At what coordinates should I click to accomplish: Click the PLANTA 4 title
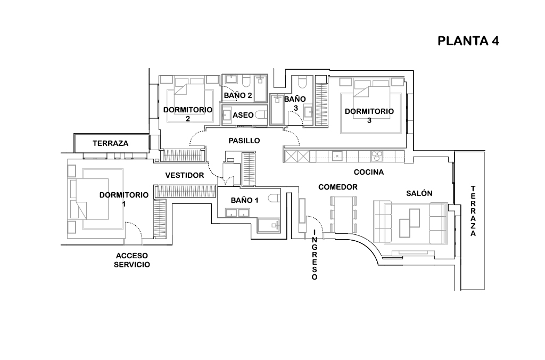[x=468, y=42]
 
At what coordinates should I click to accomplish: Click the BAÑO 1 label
[x=244, y=200]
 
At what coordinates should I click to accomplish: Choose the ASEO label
[x=243, y=114]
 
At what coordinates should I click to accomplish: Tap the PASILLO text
[x=244, y=141]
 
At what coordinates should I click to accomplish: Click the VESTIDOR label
[x=185, y=175]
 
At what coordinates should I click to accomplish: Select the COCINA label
[x=369, y=172]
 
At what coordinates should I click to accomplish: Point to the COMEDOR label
[x=337, y=187]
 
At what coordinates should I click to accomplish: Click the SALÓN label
[x=419, y=194]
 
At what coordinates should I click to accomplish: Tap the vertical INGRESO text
[x=315, y=255]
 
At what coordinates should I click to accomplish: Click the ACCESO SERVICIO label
[x=131, y=260]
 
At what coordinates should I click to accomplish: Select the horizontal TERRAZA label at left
[x=110, y=143]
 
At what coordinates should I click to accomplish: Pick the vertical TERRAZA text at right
[x=473, y=211]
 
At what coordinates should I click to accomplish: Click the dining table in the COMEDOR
[x=344, y=215]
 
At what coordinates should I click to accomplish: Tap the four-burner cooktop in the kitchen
[x=377, y=156]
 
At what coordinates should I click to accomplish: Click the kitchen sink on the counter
[x=337, y=156]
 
